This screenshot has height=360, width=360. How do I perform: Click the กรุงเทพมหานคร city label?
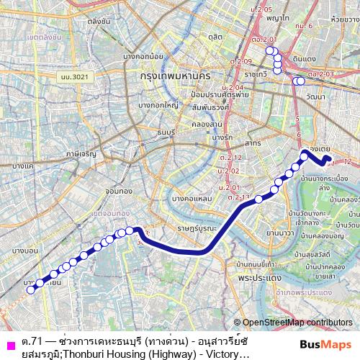pos(180,74)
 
